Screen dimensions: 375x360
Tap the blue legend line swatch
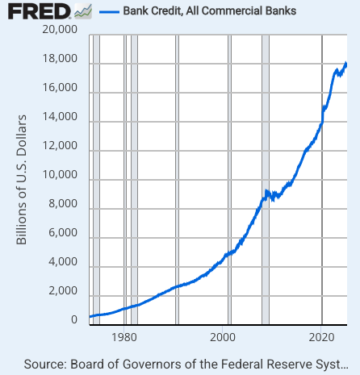[108, 12]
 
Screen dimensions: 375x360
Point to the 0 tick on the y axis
[73, 320]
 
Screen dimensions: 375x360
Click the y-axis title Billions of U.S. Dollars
[23, 179]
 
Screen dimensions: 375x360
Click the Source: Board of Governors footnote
[190, 363]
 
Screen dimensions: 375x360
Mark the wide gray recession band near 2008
[266, 177]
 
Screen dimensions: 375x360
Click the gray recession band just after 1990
[177, 177]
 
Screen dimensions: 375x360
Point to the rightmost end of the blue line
[346, 63]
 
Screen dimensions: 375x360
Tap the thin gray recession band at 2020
[322, 177]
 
